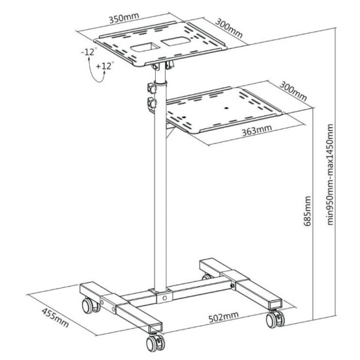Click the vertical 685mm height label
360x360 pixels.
308,209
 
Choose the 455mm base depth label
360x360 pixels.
54,315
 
